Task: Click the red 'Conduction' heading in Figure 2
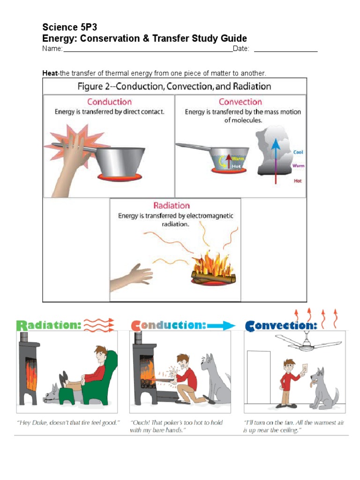[109, 102]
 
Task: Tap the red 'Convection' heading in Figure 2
[240, 102]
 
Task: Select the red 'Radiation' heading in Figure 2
[172, 205]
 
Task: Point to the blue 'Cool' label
[298, 152]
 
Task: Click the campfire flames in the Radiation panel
[213, 265]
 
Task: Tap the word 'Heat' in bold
[49, 73]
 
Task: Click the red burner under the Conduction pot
[120, 177]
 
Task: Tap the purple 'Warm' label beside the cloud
[298, 165]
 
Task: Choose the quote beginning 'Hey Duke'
[68, 423]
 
